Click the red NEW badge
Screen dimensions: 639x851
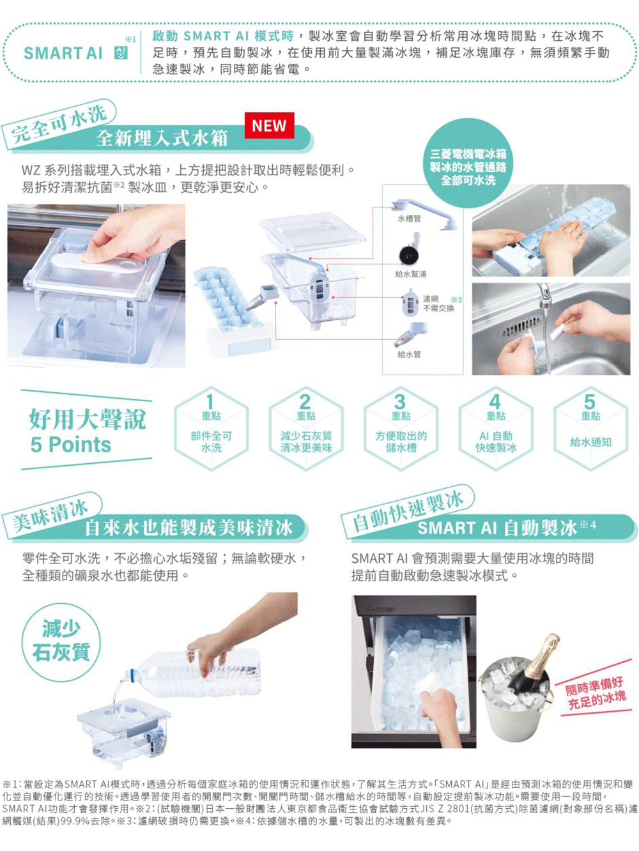point(269,125)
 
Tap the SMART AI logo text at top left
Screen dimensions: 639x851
point(63,54)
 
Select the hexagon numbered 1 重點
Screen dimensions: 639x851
point(211,429)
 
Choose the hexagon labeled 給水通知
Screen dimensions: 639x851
point(590,429)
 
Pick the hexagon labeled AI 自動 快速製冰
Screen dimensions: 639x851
point(496,429)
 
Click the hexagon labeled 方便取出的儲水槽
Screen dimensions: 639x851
point(401,429)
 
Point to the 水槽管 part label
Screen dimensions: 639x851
point(409,219)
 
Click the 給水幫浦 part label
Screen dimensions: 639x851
point(410,274)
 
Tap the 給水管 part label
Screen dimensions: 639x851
point(409,354)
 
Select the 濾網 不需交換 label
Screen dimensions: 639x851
point(438,303)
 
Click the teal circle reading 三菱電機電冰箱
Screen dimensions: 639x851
point(468,163)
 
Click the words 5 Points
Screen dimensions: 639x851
point(71,444)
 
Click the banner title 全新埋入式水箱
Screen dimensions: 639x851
point(162,137)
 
